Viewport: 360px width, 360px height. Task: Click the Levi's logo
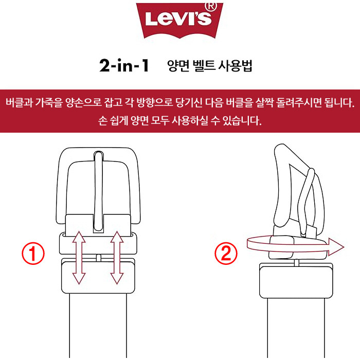click(179, 21)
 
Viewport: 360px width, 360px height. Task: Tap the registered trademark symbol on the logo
click(211, 6)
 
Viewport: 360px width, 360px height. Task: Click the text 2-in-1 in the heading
click(124, 65)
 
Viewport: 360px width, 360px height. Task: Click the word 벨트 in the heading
click(204, 66)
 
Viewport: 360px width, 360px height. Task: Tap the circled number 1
click(33, 254)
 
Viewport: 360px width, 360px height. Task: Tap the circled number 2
click(226, 254)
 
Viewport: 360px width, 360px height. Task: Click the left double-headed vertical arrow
click(79, 258)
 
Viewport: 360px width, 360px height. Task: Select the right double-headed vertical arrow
click(117, 258)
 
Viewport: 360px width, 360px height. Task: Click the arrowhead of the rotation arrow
click(336, 247)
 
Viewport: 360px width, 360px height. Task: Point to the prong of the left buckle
click(99, 191)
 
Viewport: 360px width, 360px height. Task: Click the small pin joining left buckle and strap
click(99, 258)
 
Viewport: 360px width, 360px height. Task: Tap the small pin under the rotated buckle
click(297, 263)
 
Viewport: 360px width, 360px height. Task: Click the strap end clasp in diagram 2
click(296, 281)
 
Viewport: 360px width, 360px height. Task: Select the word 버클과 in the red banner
click(19, 103)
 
